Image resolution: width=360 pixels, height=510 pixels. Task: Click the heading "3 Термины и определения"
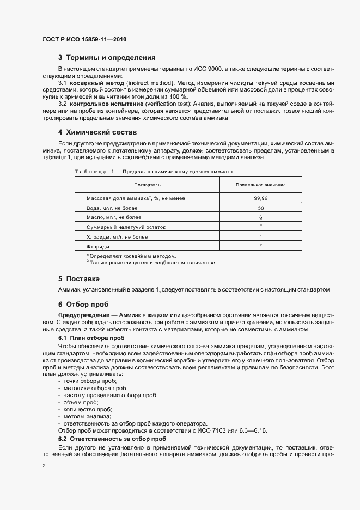point(107,58)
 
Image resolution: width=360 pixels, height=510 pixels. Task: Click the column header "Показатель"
point(147,185)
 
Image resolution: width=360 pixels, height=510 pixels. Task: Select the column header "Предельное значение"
point(260,185)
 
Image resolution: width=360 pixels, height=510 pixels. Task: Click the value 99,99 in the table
point(260,198)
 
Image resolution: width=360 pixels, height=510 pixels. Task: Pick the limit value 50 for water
point(260,208)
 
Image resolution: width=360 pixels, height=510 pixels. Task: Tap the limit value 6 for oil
point(260,217)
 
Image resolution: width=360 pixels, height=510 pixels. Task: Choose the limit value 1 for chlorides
point(260,237)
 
